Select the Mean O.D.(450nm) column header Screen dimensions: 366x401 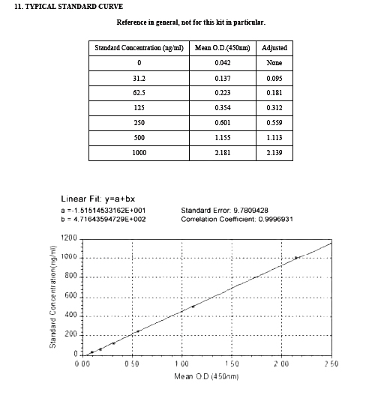[222, 48]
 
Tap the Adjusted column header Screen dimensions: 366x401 [274, 48]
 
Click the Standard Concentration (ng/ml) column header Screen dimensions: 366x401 [139, 48]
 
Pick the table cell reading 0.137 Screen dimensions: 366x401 [222, 78]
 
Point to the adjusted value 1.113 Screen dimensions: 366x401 [274, 138]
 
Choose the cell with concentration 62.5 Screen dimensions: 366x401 [139, 93]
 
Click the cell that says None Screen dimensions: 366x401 [274, 63]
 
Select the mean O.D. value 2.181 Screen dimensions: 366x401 [222, 153]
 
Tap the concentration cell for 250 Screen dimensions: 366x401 [139, 123]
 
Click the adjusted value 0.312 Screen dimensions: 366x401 [274, 108]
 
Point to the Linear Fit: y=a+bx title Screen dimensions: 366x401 [97, 199]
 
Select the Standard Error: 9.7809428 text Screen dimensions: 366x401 [220, 211]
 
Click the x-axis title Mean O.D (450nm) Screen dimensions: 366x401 [206, 376]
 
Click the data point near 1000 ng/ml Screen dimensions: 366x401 [297, 258]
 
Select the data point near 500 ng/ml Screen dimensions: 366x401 [193, 307]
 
